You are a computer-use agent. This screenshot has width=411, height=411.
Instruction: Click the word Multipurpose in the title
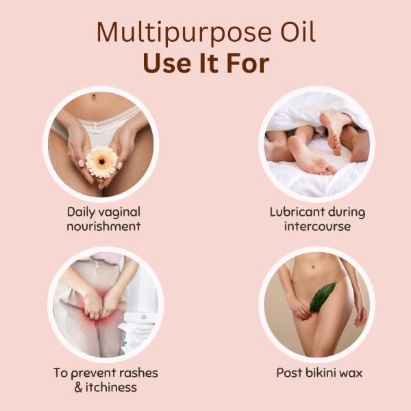184,34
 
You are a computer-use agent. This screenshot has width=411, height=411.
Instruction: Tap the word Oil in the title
298,32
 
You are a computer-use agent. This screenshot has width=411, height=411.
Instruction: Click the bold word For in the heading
248,64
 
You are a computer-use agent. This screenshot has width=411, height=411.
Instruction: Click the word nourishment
104,227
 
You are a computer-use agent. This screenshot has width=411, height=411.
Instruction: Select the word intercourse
317,226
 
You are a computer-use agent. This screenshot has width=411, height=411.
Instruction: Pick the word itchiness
111,387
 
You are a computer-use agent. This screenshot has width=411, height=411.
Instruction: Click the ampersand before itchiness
78,388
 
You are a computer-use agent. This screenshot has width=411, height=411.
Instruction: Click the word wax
352,374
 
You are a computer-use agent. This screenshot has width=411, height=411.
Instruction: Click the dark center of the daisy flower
102,162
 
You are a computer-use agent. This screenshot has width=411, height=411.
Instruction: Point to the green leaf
322,297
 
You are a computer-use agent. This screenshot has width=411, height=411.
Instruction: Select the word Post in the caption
290,373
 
